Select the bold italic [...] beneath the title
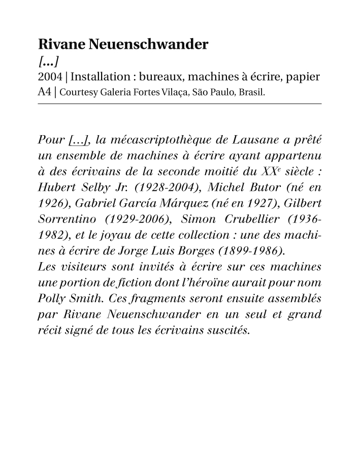[49, 62]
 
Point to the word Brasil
[253, 93]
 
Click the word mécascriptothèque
[166, 140]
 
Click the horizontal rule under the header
[180, 104]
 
